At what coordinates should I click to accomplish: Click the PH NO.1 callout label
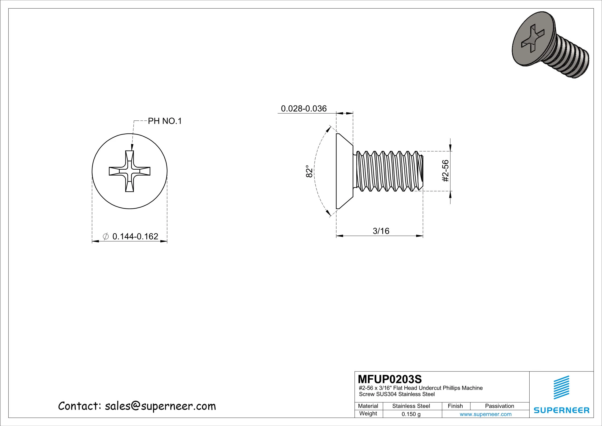click(165, 121)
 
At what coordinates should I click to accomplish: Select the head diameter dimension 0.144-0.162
click(135, 236)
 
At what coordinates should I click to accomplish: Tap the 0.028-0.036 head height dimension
click(304, 108)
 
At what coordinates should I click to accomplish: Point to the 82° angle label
click(309, 171)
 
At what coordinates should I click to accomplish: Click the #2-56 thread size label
click(445, 171)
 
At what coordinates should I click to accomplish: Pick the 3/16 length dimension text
click(381, 231)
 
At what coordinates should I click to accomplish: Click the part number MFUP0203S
click(390, 379)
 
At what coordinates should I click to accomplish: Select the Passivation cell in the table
click(499, 406)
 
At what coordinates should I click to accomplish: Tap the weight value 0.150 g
click(411, 414)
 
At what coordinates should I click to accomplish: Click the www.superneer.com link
click(485, 414)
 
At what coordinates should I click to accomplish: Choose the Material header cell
click(368, 406)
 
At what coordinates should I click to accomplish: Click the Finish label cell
click(455, 406)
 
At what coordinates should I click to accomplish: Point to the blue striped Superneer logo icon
click(562, 387)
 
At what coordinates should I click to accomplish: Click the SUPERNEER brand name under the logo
click(562, 410)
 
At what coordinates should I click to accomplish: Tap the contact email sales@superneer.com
click(160, 406)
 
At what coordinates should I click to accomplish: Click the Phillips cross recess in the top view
click(130, 171)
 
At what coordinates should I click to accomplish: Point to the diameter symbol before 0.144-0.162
click(106, 236)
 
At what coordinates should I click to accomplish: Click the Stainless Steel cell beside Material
click(411, 406)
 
